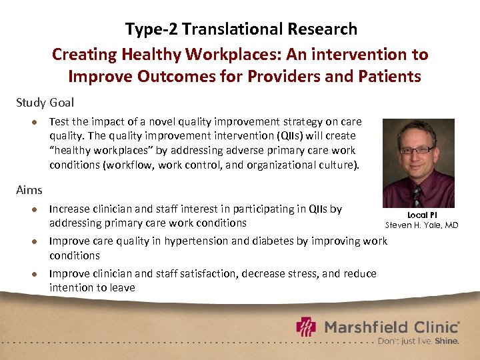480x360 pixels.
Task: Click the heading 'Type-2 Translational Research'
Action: pyautogui.click(x=241, y=29)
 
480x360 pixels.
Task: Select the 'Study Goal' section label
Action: pyautogui.click(x=45, y=103)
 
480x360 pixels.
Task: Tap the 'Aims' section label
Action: pyautogui.click(x=29, y=190)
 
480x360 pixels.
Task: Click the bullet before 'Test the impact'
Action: pyautogui.click(x=31, y=122)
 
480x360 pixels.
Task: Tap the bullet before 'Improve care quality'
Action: pyautogui.click(x=31, y=241)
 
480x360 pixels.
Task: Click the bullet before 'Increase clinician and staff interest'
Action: pyautogui.click(x=31, y=209)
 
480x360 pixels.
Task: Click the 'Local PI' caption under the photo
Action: pyautogui.click(x=421, y=215)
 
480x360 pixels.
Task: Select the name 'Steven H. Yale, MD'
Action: pyautogui.click(x=421, y=225)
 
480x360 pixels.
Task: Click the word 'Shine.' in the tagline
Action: pyautogui.click(x=447, y=341)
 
